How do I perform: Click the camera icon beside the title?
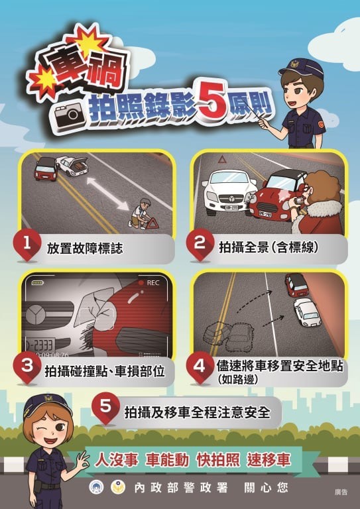[70, 115]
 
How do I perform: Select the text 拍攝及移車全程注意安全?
[197, 412]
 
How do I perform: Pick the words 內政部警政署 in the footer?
[180, 487]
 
